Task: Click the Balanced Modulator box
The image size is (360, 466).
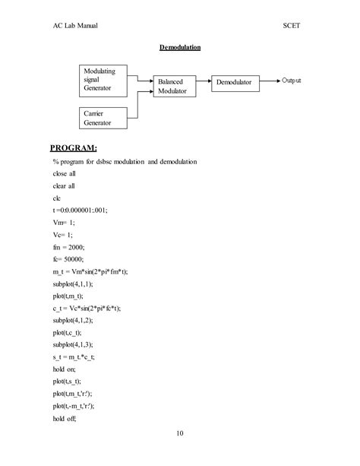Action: (x=172, y=85)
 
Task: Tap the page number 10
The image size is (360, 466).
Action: (x=180, y=434)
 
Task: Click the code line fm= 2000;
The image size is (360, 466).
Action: (x=68, y=246)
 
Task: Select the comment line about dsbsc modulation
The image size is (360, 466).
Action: (x=125, y=162)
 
